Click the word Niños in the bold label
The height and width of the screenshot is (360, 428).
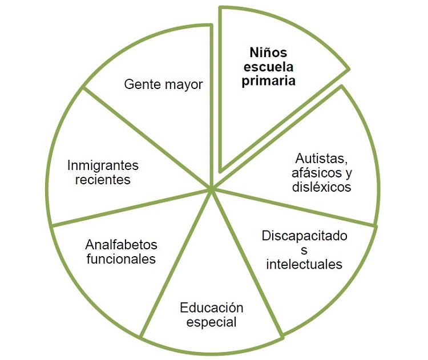(268, 53)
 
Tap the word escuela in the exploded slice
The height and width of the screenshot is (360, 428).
(268, 67)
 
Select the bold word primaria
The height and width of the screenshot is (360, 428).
(268, 82)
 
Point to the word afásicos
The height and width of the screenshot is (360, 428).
(313, 172)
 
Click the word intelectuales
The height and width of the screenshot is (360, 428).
(304, 264)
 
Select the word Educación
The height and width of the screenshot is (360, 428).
(211, 308)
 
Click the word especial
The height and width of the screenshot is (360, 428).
(211, 322)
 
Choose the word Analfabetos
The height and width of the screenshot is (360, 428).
(121, 245)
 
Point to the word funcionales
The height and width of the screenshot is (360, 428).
(121, 259)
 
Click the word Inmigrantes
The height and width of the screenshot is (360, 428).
(103, 165)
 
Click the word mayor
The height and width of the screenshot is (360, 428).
(184, 86)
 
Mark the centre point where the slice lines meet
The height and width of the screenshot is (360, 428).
(212, 188)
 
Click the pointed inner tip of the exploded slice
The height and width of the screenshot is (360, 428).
(221, 169)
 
